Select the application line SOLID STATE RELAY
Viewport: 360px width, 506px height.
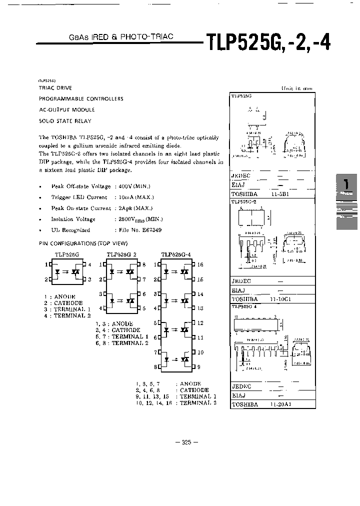tap(65, 121)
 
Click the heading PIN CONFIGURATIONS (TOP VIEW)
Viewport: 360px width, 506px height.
tap(83, 243)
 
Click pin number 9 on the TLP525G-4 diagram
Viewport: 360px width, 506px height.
tap(199, 366)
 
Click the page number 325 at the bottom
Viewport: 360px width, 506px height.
tap(186, 442)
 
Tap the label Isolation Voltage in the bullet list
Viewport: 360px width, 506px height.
tap(69, 219)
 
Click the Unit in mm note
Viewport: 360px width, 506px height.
tap(296, 88)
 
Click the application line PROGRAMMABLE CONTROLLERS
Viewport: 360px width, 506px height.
tap(81, 98)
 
